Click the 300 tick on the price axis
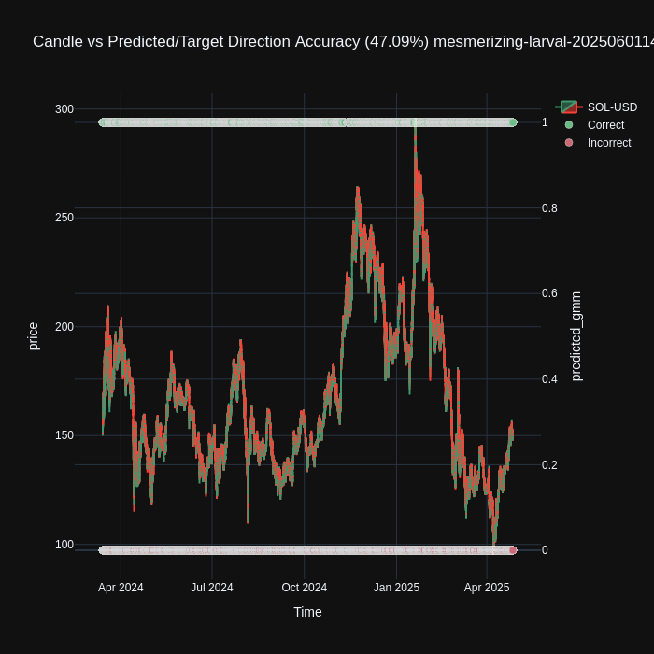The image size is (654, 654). click(x=64, y=109)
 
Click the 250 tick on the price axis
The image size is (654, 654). click(x=64, y=218)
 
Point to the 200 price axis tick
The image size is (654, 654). click(x=64, y=327)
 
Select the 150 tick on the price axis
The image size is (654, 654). click(x=64, y=435)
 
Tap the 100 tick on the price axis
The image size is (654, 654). click(x=64, y=545)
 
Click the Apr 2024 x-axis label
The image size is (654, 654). click(x=121, y=588)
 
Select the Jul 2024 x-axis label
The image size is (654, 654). click(x=212, y=588)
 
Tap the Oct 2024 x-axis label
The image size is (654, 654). click(x=304, y=588)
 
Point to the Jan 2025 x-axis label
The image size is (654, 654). click(x=396, y=588)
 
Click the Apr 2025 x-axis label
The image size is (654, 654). click(x=487, y=588)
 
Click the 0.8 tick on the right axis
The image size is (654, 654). click(x=549, y=208)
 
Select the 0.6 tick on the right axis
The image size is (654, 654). click(x=549, y=293)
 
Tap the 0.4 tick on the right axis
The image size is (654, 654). click(x=549, y=379)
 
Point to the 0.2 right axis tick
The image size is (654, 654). click(x=549, y=465)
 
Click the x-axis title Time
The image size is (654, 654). click(x=307, y=612)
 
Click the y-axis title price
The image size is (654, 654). click(x=34, y=336)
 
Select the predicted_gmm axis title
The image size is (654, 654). click(x=576, y=336)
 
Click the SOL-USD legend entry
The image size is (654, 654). click(x=612, y=107)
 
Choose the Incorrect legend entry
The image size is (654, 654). click(x=608, y=143)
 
